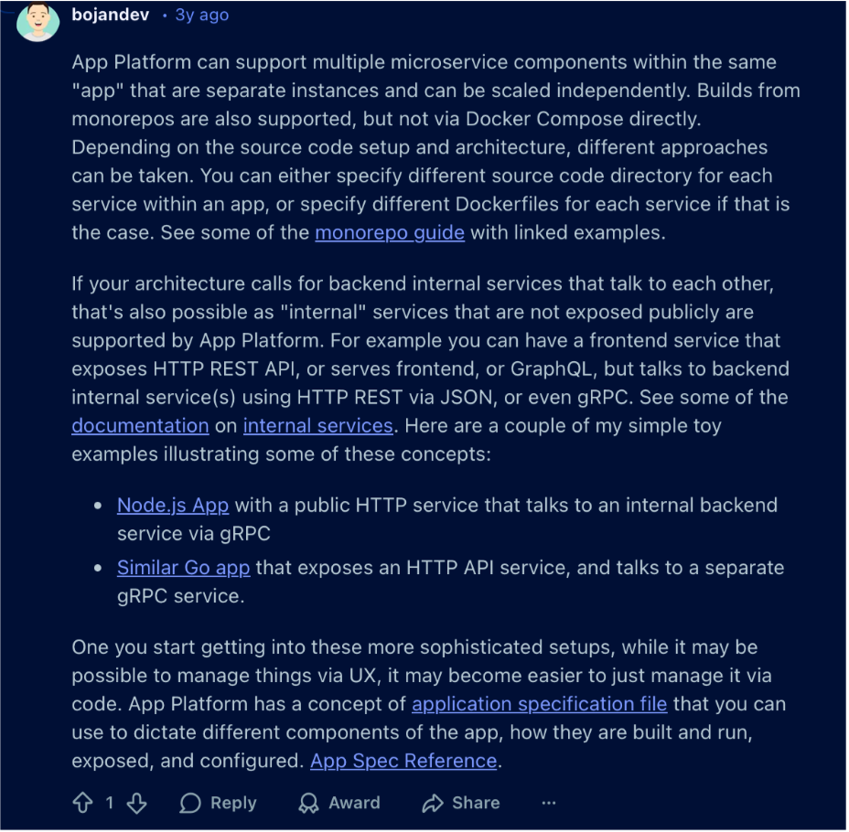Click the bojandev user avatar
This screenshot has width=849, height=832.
[38, 21]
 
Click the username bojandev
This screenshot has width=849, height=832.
[110, 16]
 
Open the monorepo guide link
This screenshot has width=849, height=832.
[390, 232]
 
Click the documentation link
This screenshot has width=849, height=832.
[140, 425]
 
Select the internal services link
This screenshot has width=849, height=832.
[318, 425]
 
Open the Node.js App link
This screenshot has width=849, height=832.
[173, 505]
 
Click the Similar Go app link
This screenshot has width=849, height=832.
[183, 568]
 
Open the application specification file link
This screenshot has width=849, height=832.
[540, 704]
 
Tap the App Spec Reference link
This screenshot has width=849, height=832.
[403, 761]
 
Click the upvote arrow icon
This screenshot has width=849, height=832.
[82, 803]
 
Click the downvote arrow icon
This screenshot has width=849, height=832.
[136, 803]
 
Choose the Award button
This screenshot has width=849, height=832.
[339, 803]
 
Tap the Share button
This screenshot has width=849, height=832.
[461, 803]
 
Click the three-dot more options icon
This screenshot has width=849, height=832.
[549, 803]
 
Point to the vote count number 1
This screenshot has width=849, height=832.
[110, 803]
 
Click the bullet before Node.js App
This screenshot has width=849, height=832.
[98, 506]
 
